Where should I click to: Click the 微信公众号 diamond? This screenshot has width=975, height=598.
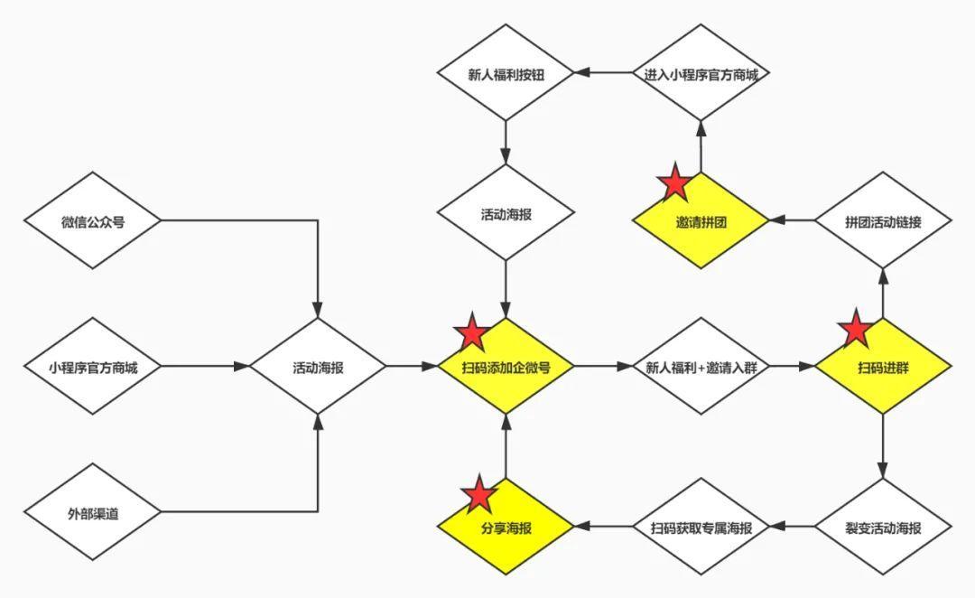(x=93, y=220)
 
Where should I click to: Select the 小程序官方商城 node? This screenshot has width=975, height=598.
(x=93, y=367)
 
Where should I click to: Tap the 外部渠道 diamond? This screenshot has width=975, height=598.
(x=93, y=513)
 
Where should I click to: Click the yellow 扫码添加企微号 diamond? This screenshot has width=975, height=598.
(x=506, y=367)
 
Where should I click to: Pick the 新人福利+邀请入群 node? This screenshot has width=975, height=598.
(x=701, y=367)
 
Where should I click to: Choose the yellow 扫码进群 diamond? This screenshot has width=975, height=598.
(x=883, y=367)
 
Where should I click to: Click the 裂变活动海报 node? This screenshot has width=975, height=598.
(x=883, y=528)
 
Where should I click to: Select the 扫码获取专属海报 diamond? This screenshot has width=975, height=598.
(x=701, y=528)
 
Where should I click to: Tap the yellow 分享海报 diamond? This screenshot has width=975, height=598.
(x=506, y=528)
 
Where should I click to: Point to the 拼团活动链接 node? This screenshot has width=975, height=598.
(x=883, y=220)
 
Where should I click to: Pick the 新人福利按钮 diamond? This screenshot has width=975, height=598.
(x=506, y=73)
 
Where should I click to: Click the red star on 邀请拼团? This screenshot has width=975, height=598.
(x=674, y=183)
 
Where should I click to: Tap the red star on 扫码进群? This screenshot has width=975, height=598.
(x=855, y=331)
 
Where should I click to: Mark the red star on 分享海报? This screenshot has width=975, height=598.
(x=478, y=494)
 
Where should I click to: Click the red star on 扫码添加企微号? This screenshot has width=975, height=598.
(x=471, y=332)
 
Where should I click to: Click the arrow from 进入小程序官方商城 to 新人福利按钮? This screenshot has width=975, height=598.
(x=604, y=73)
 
